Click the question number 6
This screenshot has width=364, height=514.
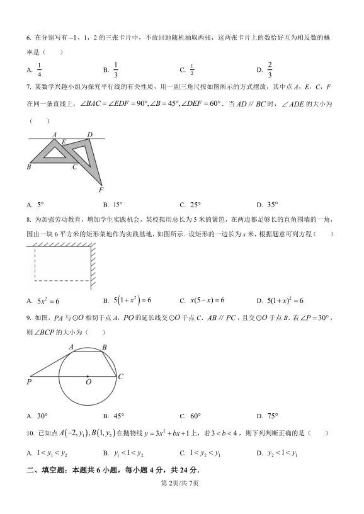29,37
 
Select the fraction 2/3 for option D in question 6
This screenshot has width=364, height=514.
270,69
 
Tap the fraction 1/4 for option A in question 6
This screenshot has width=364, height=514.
40,69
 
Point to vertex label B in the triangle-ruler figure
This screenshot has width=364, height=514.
29,167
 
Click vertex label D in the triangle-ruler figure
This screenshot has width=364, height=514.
90,134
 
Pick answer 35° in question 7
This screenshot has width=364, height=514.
271,205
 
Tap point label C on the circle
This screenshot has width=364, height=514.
120,376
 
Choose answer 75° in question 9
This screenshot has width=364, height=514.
271,416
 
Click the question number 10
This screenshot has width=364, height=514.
30,433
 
